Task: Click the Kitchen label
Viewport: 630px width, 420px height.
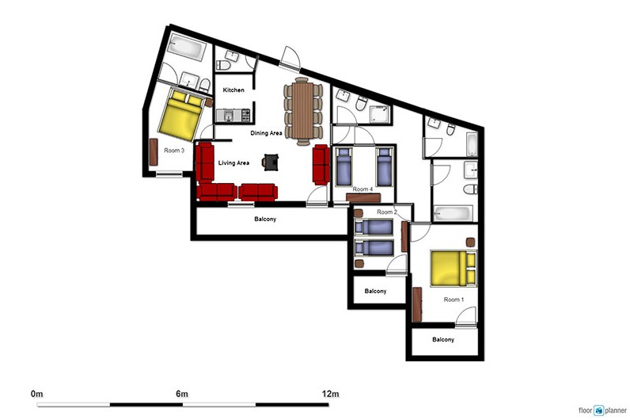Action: pyautogui.click(x=233, y=90)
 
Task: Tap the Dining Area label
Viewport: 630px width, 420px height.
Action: pyautogui.click(x=266, y=133)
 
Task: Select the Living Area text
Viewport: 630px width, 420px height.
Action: pyautogui.click(x=233, y=163)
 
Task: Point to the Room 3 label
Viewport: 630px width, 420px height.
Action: pyautogui.click(x=174, y=151)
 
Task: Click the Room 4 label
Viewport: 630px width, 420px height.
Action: pyautogui.click(x=362, y=189)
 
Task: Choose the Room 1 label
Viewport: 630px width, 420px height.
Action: pyautogui.click(x=454, y=300)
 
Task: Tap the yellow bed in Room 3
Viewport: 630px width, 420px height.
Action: pyautogui.click(x=181, y=114)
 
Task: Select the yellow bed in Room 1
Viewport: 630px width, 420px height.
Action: pyautogui.click(x=454, y=269)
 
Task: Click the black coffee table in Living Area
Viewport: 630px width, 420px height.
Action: pyautogui.click(x=271, y=162)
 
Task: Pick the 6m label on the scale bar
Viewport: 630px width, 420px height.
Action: pyautogui.click(x=182, y=393)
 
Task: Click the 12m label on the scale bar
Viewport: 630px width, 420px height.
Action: pyautogui.click(x=330, y=393)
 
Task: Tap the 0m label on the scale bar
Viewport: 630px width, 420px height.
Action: pyautogui.click(x=36, y=393)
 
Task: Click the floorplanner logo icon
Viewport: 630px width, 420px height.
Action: pyautogui.click(x=599, y=410)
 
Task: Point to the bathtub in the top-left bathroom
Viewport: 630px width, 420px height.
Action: pyautogui.click(x=187, y=48)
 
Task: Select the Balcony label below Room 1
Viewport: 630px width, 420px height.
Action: pyautogui.click(x=443, y=339)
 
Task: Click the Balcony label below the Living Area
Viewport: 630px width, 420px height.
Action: pyautogui.click(x=265, y=220)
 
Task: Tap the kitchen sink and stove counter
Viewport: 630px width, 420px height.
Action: pyautogui.click(x=233, y=116)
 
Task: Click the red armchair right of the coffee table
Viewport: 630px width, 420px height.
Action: pyautogui.click(x=321, y=165)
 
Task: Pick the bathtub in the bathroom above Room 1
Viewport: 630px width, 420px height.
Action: pyautogui.click(x=453, y=213)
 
